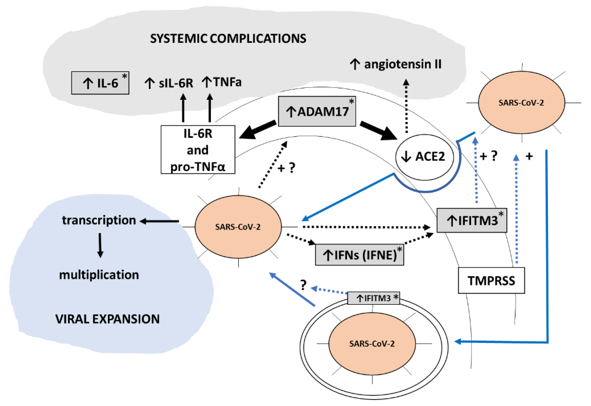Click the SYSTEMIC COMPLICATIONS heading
[228, 39]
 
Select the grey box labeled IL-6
[100, 83]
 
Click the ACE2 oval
[424, 157]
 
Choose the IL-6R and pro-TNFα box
[198, 150]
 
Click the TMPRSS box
[491, 281]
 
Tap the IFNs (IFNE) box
[359, 255]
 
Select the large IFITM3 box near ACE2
[472, 220]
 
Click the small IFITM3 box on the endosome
[373, 298]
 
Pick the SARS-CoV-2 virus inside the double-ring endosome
[372, 344]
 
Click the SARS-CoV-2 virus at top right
[521, 102]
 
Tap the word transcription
[99, 220]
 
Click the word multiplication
[99, 275]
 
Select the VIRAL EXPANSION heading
[107, 319]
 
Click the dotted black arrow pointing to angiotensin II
[406, 107]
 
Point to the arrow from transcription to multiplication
[100, 245]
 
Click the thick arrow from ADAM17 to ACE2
[378, 130]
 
